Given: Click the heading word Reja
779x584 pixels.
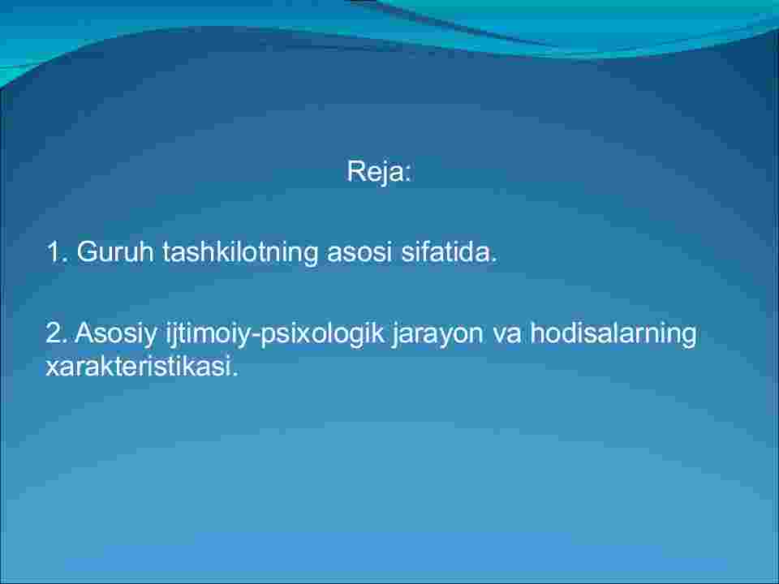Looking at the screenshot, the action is click(x=376, y=172).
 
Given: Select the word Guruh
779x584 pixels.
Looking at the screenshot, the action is click(x=115, y=251).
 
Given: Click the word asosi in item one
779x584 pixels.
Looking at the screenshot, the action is click(x=359, y=251).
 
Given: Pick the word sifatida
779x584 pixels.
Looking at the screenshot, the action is click(x=445, y=251).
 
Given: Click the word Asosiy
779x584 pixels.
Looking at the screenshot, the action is click(x=116, y=333).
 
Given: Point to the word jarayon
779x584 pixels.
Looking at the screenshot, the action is click(x=437, y=334).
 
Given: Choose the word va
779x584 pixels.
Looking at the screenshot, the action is click(x=506, y=333).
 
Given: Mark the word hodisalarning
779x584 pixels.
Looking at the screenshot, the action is click(x=613, y=333).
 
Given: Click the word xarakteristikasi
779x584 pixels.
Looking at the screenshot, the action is click(x=139, y=366).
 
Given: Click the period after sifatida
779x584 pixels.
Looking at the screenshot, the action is click(x=493, y=260).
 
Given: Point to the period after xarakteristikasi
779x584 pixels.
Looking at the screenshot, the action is click(x=235, y=375).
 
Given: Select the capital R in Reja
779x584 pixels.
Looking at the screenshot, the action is click(x=356, y=171).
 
